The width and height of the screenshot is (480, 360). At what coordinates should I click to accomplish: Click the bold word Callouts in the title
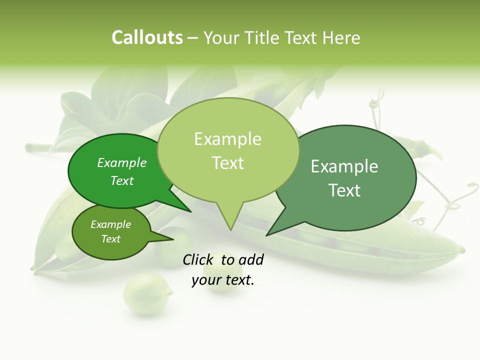coord(147,37)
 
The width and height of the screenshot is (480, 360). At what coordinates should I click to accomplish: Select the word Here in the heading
coord(341,37)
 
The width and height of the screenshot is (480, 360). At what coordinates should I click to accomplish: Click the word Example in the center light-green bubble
coord(227,139)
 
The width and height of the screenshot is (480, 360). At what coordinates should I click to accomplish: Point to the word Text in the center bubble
coord(227,163)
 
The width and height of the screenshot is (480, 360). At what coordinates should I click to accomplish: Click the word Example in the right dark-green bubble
coord(344,166)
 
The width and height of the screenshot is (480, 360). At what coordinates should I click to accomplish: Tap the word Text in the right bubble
coord(344,190)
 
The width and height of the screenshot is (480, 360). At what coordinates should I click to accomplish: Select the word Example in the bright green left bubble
coord(122,162)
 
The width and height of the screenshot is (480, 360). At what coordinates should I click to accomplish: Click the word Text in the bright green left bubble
coord(122,180)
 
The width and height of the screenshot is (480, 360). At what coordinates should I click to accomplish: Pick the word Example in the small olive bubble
coord(110,224)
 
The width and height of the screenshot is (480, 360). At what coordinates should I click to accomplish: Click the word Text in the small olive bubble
coord(110,239)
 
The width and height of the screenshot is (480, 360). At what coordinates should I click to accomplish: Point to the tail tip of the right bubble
coord(267,234)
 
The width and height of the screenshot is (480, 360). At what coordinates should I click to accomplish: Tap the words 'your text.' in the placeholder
coord(223,280)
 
